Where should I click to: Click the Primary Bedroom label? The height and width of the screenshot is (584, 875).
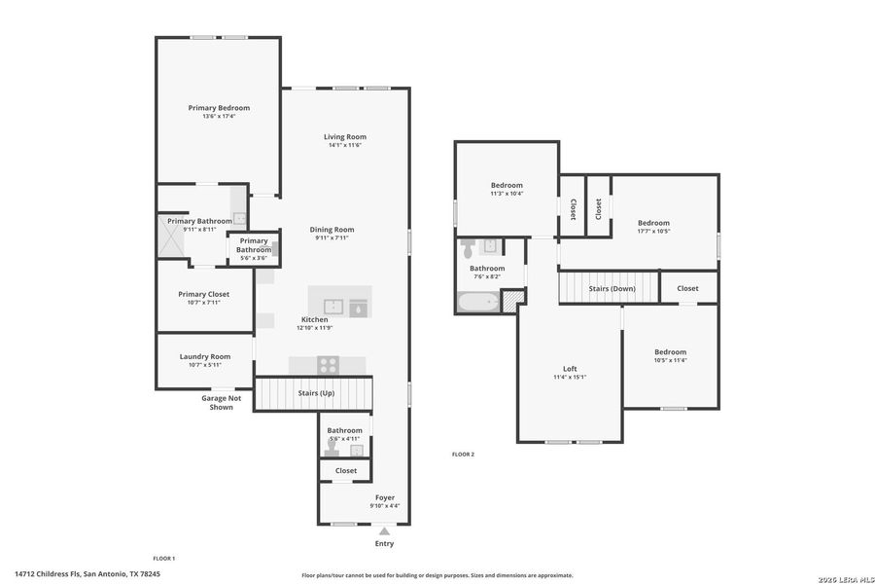(x=219, y=108)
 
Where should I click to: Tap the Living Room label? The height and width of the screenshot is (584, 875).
(x=345, y=137)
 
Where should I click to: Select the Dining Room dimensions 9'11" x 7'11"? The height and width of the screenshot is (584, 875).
(x=332, y=238)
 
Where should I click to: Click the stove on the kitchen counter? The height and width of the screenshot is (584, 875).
(x=329, y=366)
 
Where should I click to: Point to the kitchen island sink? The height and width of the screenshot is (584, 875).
(x=333, y=305)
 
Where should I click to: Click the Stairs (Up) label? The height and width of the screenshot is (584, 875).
(x=316, y=393)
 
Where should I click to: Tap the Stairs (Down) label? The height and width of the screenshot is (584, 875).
(x=612, y=288)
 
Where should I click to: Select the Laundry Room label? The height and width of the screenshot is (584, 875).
(x=205, y=356)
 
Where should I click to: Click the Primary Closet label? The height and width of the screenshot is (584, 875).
(x=204, y=294)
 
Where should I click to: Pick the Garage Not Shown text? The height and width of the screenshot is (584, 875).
(x=221, y=403)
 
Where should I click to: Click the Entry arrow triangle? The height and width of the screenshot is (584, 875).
(x=385, y=531)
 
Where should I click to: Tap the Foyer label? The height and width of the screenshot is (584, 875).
(x=384, y=497)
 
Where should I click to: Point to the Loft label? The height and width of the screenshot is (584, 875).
(x=570, y=369)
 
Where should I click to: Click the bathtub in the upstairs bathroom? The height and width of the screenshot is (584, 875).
(x=477, y=303)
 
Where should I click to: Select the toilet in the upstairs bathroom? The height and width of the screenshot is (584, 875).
(x=468, y=243)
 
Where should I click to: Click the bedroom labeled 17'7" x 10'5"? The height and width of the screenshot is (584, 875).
(x=653, y=223)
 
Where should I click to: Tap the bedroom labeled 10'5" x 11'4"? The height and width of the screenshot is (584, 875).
(x=670, y=352)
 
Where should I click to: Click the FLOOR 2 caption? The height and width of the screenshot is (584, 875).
(x=463, y=455)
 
